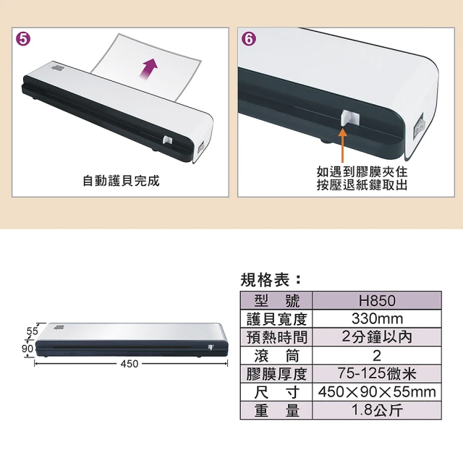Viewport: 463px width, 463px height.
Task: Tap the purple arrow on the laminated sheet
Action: [149, 69]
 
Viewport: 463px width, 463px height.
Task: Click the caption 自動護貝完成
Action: [121, 181]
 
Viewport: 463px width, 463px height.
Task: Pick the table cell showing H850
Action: [377, 301]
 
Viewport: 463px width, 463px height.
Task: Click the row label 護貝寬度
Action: [277, 319]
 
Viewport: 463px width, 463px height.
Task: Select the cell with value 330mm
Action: [377, 319]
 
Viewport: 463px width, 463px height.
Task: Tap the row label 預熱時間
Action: [277, 338]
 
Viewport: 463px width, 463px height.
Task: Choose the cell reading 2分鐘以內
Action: [377, 338]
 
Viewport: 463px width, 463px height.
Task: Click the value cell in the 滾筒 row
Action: [377, 356]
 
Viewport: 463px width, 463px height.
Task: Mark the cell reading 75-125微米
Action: [377, 374]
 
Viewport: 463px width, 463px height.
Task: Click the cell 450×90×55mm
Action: [377, 392]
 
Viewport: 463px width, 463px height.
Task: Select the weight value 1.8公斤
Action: [377, 410]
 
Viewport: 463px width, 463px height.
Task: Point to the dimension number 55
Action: [32, 331]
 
